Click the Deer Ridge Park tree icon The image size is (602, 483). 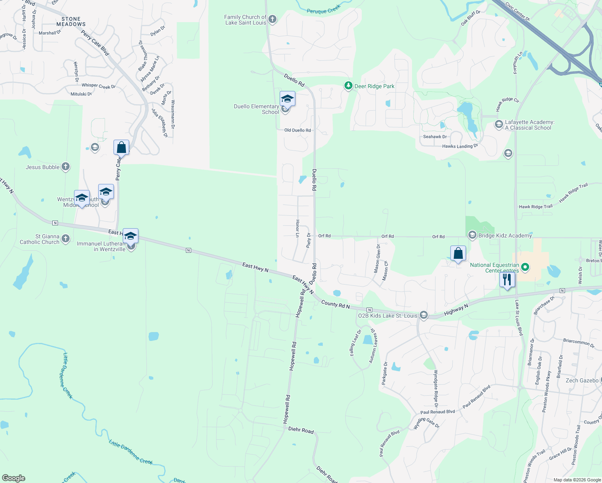pos(348,86)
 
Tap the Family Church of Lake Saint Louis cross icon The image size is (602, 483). pos(272,19)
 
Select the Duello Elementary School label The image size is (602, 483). pos(256,109)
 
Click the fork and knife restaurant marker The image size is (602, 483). pos(507,279)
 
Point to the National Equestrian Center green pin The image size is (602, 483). pos(525,267)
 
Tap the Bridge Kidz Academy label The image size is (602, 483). pos(505,235)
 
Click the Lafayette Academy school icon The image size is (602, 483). pos(499,124)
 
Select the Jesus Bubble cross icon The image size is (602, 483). pos(66,167)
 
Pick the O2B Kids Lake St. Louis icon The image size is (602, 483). pos(423,315)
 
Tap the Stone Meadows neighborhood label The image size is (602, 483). pos(71,22)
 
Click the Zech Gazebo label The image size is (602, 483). pos(582,380)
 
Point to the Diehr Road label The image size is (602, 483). pos(301,430)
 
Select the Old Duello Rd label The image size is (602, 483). pos(297,130)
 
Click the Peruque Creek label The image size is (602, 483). pos(324,9)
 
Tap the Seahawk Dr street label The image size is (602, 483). pos(435,137)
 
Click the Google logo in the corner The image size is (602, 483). pos(14,478)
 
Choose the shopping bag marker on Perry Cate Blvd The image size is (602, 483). pos(121,148)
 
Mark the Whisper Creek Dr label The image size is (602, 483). pos(99,86)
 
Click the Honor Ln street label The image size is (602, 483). pos(298,228)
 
